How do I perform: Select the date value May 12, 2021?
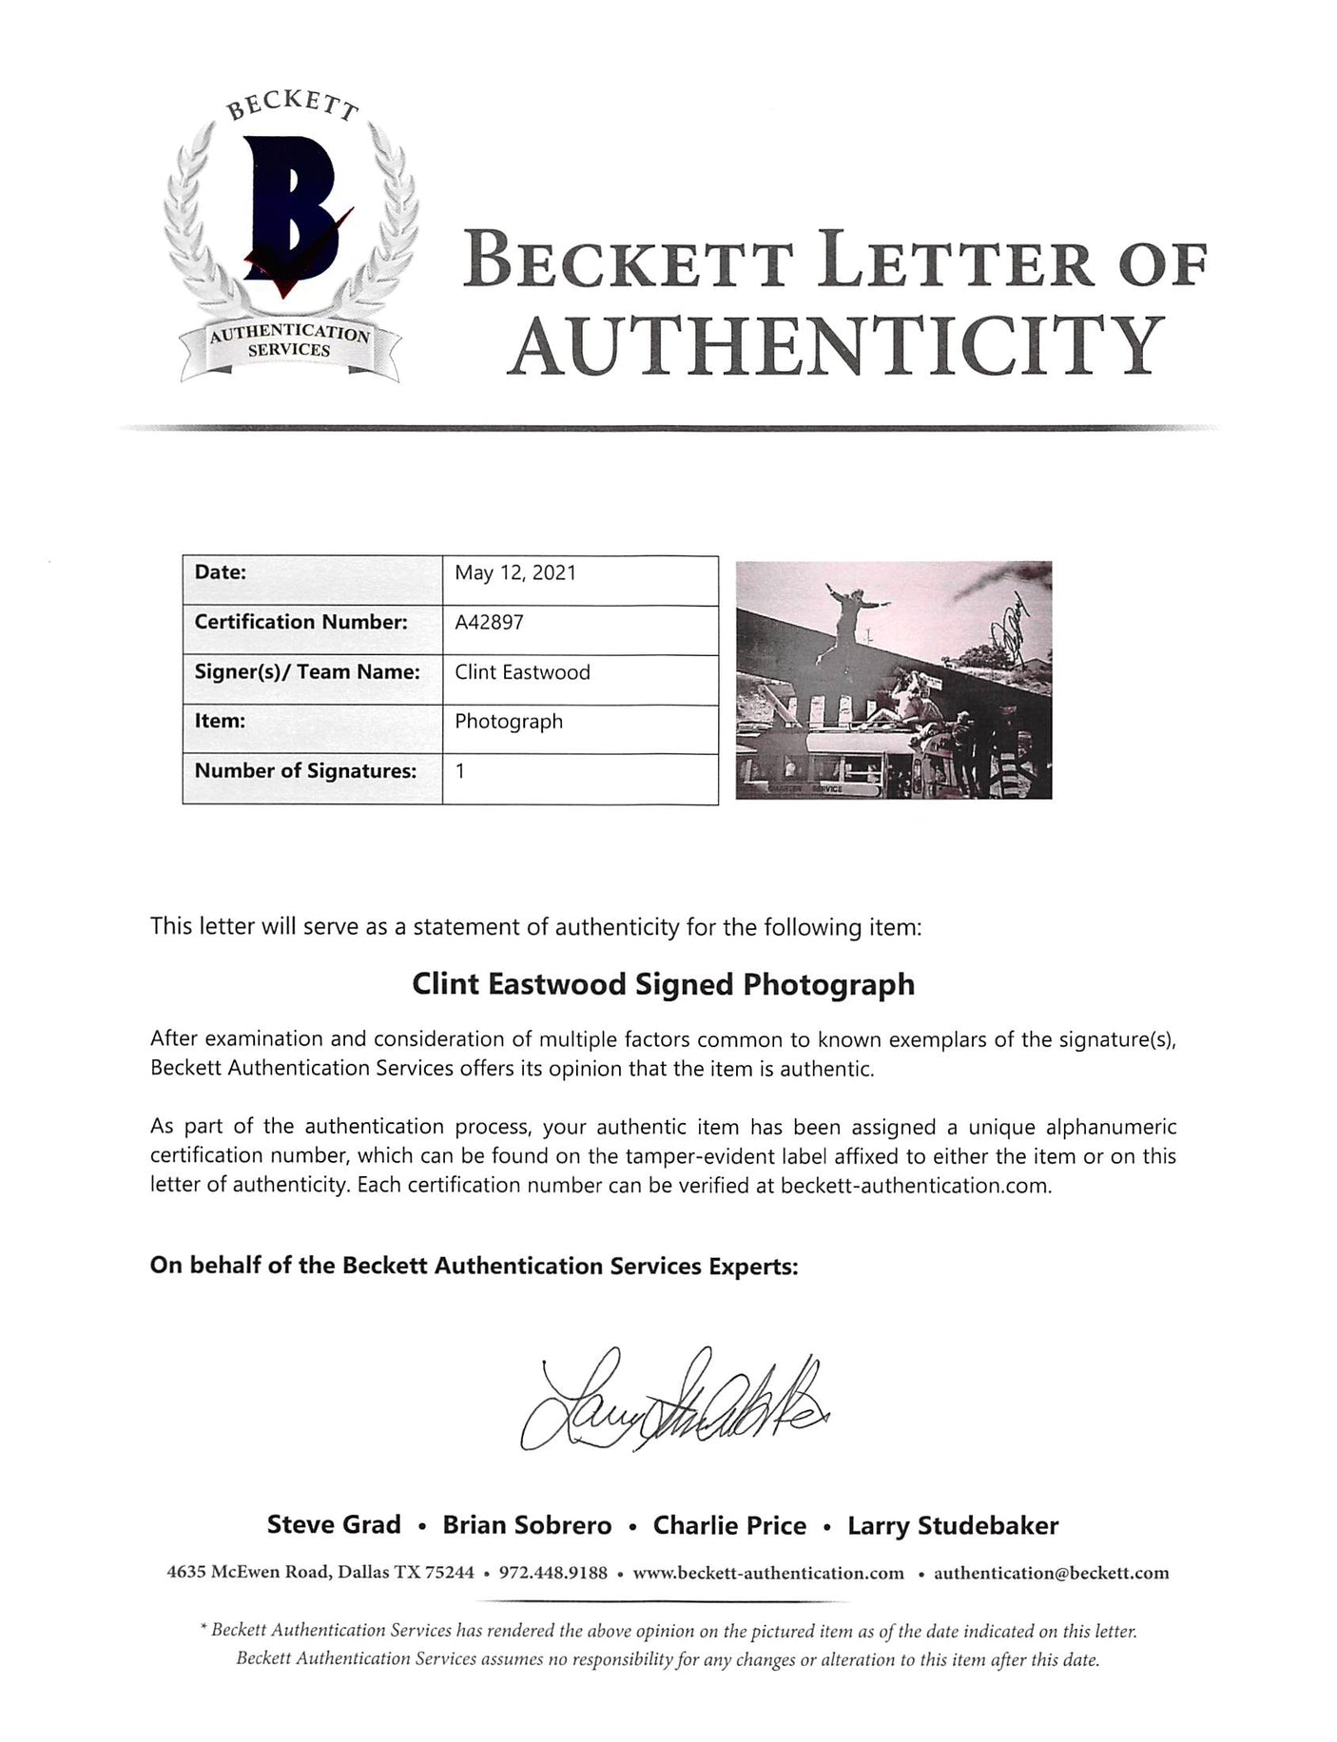pyautogui.click(x=514, y=572)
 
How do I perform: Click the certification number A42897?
pyautogui.click(x=489, y=622)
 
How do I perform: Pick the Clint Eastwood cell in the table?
pyautogui.click(x=522, y=672)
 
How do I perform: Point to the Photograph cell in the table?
pyautogui.click(x=508, y=722)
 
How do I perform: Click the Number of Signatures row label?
pyautogui.click(x=305, y=771)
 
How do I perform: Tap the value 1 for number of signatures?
pyautogui.click(x=460, y=771)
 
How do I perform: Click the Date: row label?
pyautogui.click(x=221, y=572)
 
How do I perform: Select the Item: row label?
pyautogui.click(x=220, y=722)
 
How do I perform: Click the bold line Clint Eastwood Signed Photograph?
pyautogui.click(x=663, y=984)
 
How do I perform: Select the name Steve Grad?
pyautogui.click(x=334, y=1525)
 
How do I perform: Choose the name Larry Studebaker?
pyautogui.click(x=953, y=1526)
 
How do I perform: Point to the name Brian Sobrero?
pyautogui.click(x=527, y=1526)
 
